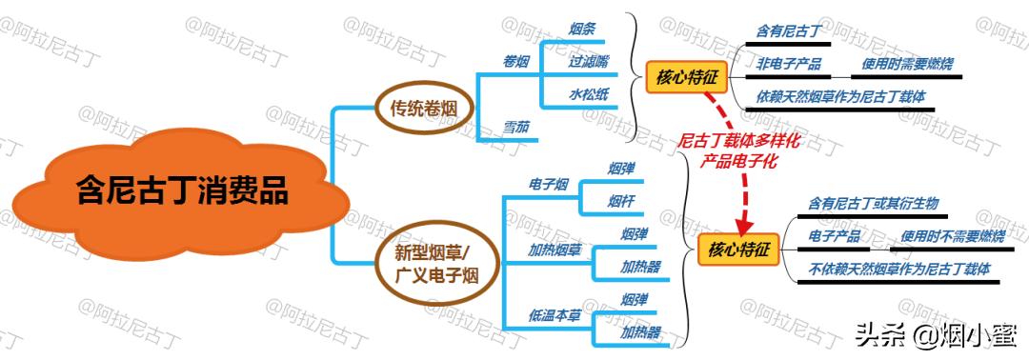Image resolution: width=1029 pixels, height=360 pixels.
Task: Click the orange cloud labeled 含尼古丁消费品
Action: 181,190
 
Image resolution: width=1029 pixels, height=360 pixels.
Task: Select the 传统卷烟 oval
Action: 423,109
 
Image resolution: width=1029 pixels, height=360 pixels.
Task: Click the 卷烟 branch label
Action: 515,62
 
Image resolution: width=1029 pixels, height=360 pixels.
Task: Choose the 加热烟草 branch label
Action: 555,250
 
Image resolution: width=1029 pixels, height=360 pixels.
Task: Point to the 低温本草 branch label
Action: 555,315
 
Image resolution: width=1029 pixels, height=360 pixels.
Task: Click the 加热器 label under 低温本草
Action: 640,332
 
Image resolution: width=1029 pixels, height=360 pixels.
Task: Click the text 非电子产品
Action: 789,65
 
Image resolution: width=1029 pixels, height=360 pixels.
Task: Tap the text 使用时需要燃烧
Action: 907,65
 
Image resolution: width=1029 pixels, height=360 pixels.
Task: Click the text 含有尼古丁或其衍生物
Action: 873,203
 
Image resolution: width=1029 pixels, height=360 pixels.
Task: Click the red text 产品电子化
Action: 738,161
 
